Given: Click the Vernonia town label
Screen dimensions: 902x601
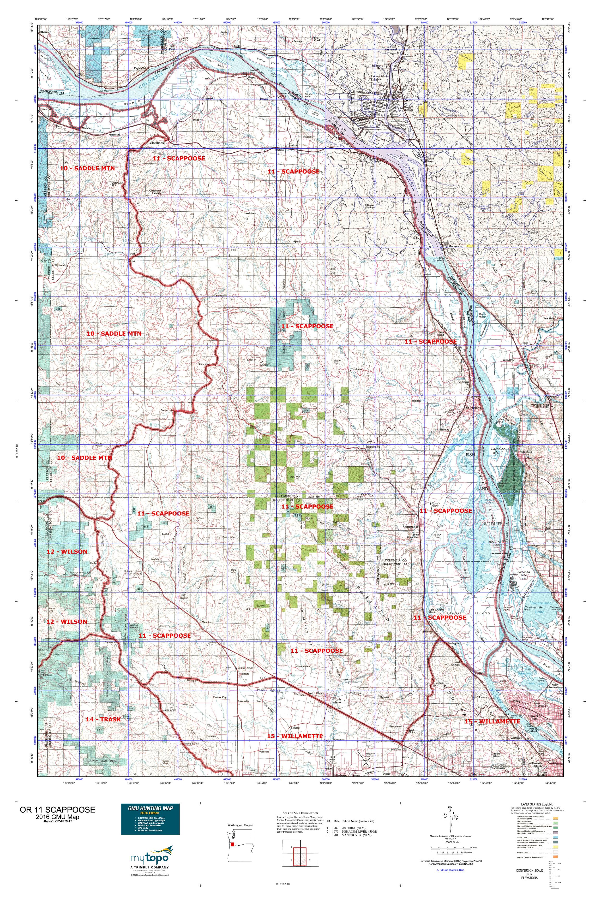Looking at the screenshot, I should (167, 410).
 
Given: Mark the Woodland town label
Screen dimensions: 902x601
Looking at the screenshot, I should (509, 360).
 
